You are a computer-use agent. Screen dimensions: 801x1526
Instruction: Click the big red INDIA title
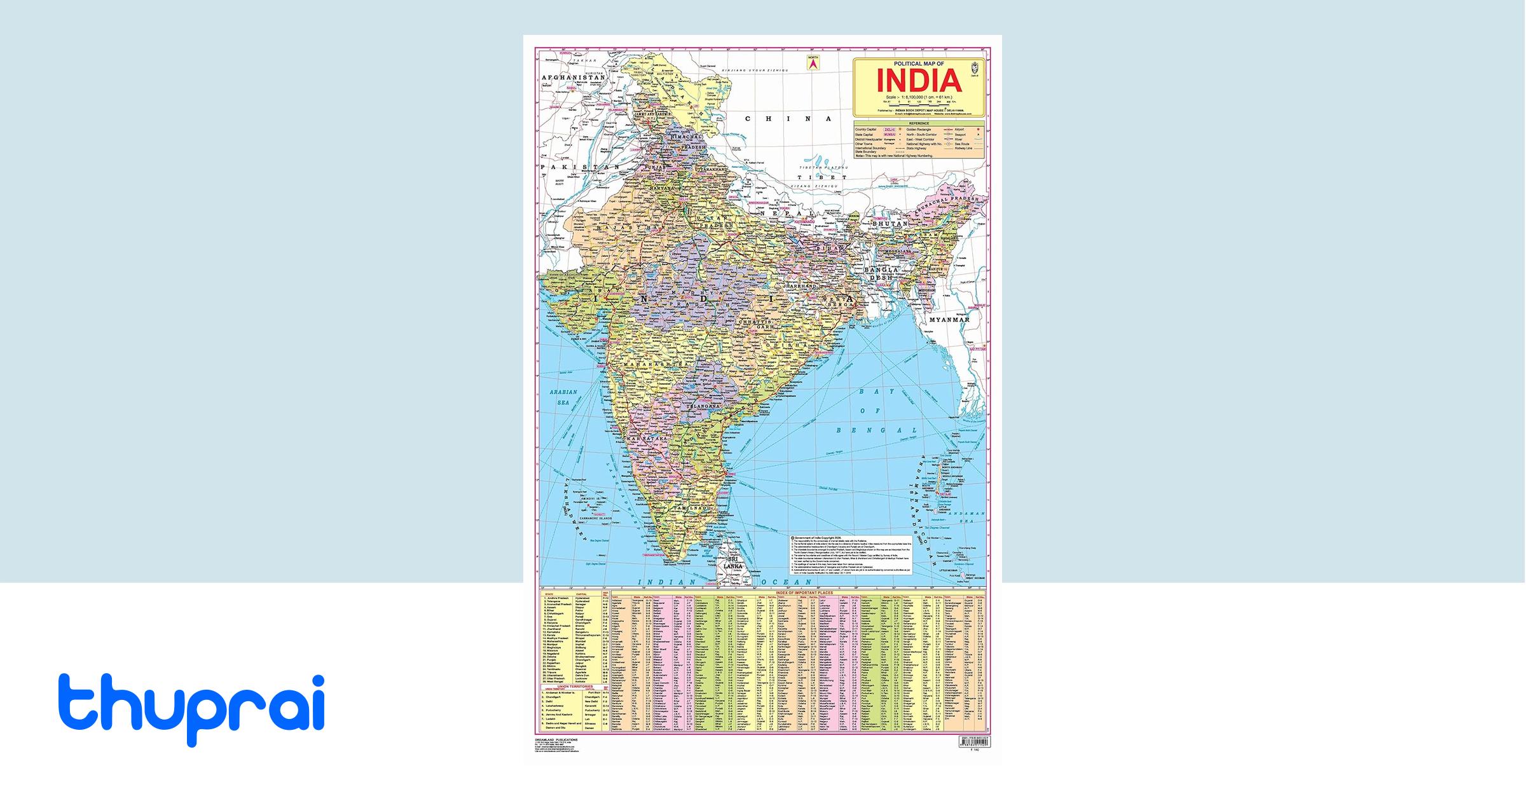pos(918,80)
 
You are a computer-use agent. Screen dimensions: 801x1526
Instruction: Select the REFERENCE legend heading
pos(919,123)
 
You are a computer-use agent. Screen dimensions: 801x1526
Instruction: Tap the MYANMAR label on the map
pos(949,320)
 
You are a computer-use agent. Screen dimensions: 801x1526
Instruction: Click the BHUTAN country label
pos(890,224)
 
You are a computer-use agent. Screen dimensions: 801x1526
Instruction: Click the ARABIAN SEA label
pos(563,397)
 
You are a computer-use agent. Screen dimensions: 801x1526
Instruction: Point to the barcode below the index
pos(973,741)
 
